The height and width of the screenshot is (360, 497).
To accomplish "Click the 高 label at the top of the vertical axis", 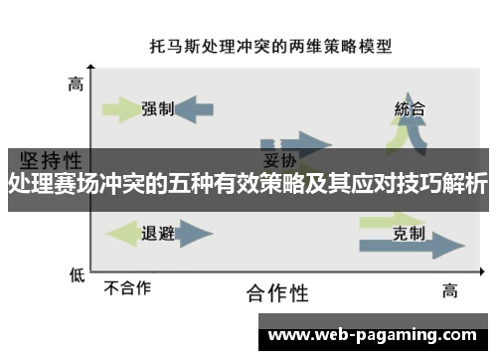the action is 76,85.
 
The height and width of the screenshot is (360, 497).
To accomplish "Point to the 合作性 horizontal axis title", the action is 277,292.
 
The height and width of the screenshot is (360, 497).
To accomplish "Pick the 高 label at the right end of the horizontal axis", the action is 450,289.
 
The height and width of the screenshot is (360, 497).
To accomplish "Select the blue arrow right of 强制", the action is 195,108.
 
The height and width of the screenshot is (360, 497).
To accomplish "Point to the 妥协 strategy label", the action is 276,160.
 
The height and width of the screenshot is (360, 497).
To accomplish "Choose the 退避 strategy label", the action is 158,234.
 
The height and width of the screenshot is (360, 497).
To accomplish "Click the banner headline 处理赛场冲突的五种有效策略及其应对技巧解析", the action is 248,183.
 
